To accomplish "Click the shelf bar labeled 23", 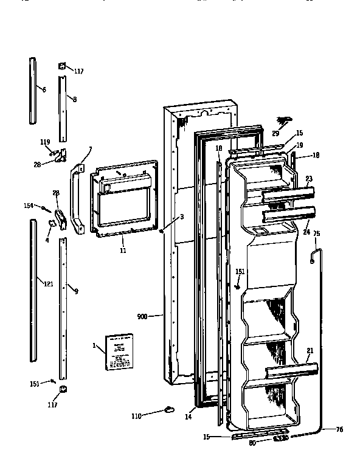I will (x=288, y=195).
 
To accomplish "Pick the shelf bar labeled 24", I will (x=289, y=215).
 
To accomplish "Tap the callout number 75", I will (x=316, y=232).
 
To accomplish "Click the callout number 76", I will (x=339, y=430).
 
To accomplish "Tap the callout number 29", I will (x=275, y=133).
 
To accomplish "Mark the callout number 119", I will (x=44, y=142).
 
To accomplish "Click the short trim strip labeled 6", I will (x=33, y=89).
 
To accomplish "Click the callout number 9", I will (x=76, y=290).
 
